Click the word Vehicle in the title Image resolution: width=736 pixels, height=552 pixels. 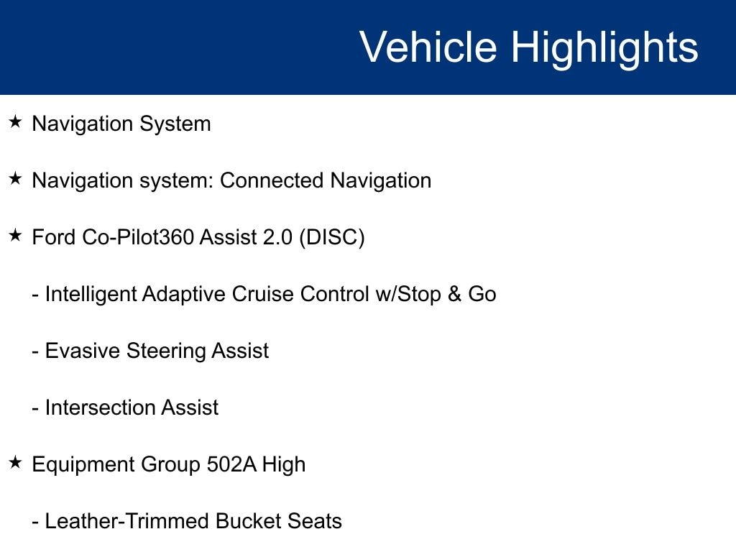pyautogui.click(x=428, y=47)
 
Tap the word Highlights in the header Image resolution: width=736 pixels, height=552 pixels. pyautogui.click(x=604, y=49)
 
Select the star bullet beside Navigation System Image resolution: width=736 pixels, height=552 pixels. pyautogui.click(x=16, y=122)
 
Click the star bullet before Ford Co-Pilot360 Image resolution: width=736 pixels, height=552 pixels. pyautogui.click(x=16, y=235)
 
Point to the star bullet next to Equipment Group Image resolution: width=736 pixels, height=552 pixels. pyautogui.click(x=16, y=462)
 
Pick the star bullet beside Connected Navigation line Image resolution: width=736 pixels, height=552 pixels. pyautogui.click(x=16, y=178)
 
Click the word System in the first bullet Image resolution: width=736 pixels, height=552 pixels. pyautogui.click(x=175, y=124)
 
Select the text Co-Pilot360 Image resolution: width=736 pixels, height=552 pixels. pyautogui.click(x=138, y=236)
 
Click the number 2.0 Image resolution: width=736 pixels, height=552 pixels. pyautogui.click(x=278, y=237)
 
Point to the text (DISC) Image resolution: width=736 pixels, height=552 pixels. pyautogui.click(x=332, y=237)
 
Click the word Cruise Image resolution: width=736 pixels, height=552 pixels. pyautogui.click(x=263, y=294)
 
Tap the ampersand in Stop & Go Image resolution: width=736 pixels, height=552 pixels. pyautogui.click(x=454, y=294)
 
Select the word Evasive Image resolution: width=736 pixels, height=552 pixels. pyautogui.click(x=82, y=351)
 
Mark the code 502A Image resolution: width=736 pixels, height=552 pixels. pyautogui.click(x=231, y=464)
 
